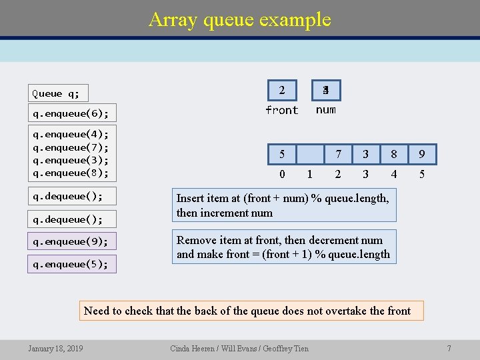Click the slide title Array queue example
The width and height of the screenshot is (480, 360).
(240, 19)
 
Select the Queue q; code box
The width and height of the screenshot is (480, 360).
(59, 93)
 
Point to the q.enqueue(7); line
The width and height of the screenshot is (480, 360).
(71, 147)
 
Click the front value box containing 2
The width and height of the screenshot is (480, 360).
(282, 90)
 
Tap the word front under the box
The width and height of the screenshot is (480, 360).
(282, 110)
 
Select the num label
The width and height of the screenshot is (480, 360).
(325, 110)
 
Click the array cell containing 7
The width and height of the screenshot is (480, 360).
(338, 155)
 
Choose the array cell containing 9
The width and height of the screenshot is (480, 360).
(422, 155)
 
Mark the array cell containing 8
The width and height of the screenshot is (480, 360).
(394, 155)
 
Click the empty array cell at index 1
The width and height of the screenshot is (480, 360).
(309, 155)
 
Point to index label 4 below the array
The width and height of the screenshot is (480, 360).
(394, 175)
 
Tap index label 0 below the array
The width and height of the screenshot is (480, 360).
(282, 175)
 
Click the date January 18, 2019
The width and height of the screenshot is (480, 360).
(55, 348)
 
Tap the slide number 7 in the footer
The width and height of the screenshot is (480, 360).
(449, 348)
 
